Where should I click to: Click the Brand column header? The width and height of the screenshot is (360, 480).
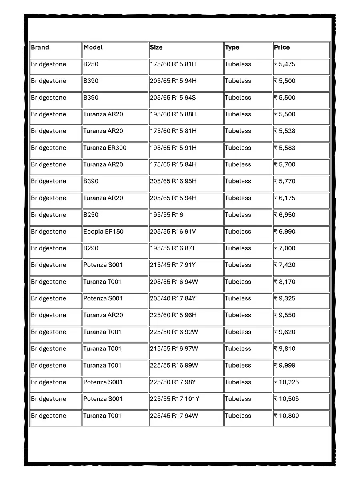point(40,48)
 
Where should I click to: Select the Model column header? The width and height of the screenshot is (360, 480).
point(93,48)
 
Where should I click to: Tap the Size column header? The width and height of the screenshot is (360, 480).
point(156,48)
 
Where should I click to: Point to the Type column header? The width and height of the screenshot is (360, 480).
point(232,48)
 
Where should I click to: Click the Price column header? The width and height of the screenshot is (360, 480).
point(282,48)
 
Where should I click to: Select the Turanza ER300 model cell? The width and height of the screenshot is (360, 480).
point(105,148)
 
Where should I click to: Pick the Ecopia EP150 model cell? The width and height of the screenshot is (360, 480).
point(103,232)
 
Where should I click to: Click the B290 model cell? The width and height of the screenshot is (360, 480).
point(91,248)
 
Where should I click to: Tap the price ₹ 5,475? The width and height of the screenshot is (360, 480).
point(285,64)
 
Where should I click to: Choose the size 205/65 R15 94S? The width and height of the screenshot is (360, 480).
point(173,98)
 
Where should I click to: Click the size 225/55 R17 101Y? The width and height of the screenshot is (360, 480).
point(174,399)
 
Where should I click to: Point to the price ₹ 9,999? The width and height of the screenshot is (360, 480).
point(285,366)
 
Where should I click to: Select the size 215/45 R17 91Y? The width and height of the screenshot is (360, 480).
point(173,265)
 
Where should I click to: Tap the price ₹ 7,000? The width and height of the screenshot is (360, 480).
point(285,248)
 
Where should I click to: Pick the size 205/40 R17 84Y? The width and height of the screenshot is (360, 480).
point(173,298)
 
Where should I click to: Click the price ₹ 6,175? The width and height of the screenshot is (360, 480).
point(285,198)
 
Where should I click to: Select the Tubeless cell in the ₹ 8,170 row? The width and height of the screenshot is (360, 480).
point(238,282)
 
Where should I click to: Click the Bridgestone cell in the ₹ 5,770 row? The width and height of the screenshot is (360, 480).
point(48,182)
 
